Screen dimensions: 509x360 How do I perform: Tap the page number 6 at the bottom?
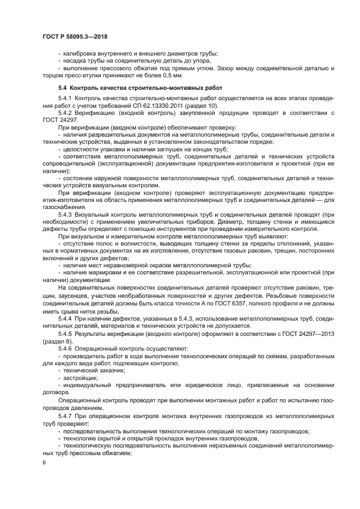[x=45, y=462]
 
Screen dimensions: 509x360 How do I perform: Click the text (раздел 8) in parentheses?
[x=57, y=340]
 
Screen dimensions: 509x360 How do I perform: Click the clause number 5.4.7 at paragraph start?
[x=67, y=416]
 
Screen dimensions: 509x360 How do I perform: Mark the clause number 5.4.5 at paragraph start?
[x=67, y=333]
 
